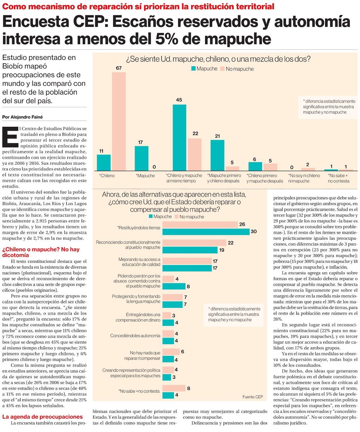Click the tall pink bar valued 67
pyautogui.click(x=119, y=121)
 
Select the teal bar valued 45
pyautogui.click(x=179, y=137)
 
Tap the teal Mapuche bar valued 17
pyautogui.click(x=141, y=158)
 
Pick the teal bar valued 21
pyautogui.click(x=217, y=155)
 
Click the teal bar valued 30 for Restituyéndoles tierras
pyautogui.click(x=206, y=231)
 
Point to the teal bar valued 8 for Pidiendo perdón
pyautogui.click(x=174, y=286)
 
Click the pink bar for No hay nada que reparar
pyautogui.click(x=171, y=352)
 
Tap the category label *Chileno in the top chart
pyautogui.click(x=107, y=176)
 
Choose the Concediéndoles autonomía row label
pyautogui.click(x=135, y=336)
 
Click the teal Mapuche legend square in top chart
pyautogui.click(x=193, y=68)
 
